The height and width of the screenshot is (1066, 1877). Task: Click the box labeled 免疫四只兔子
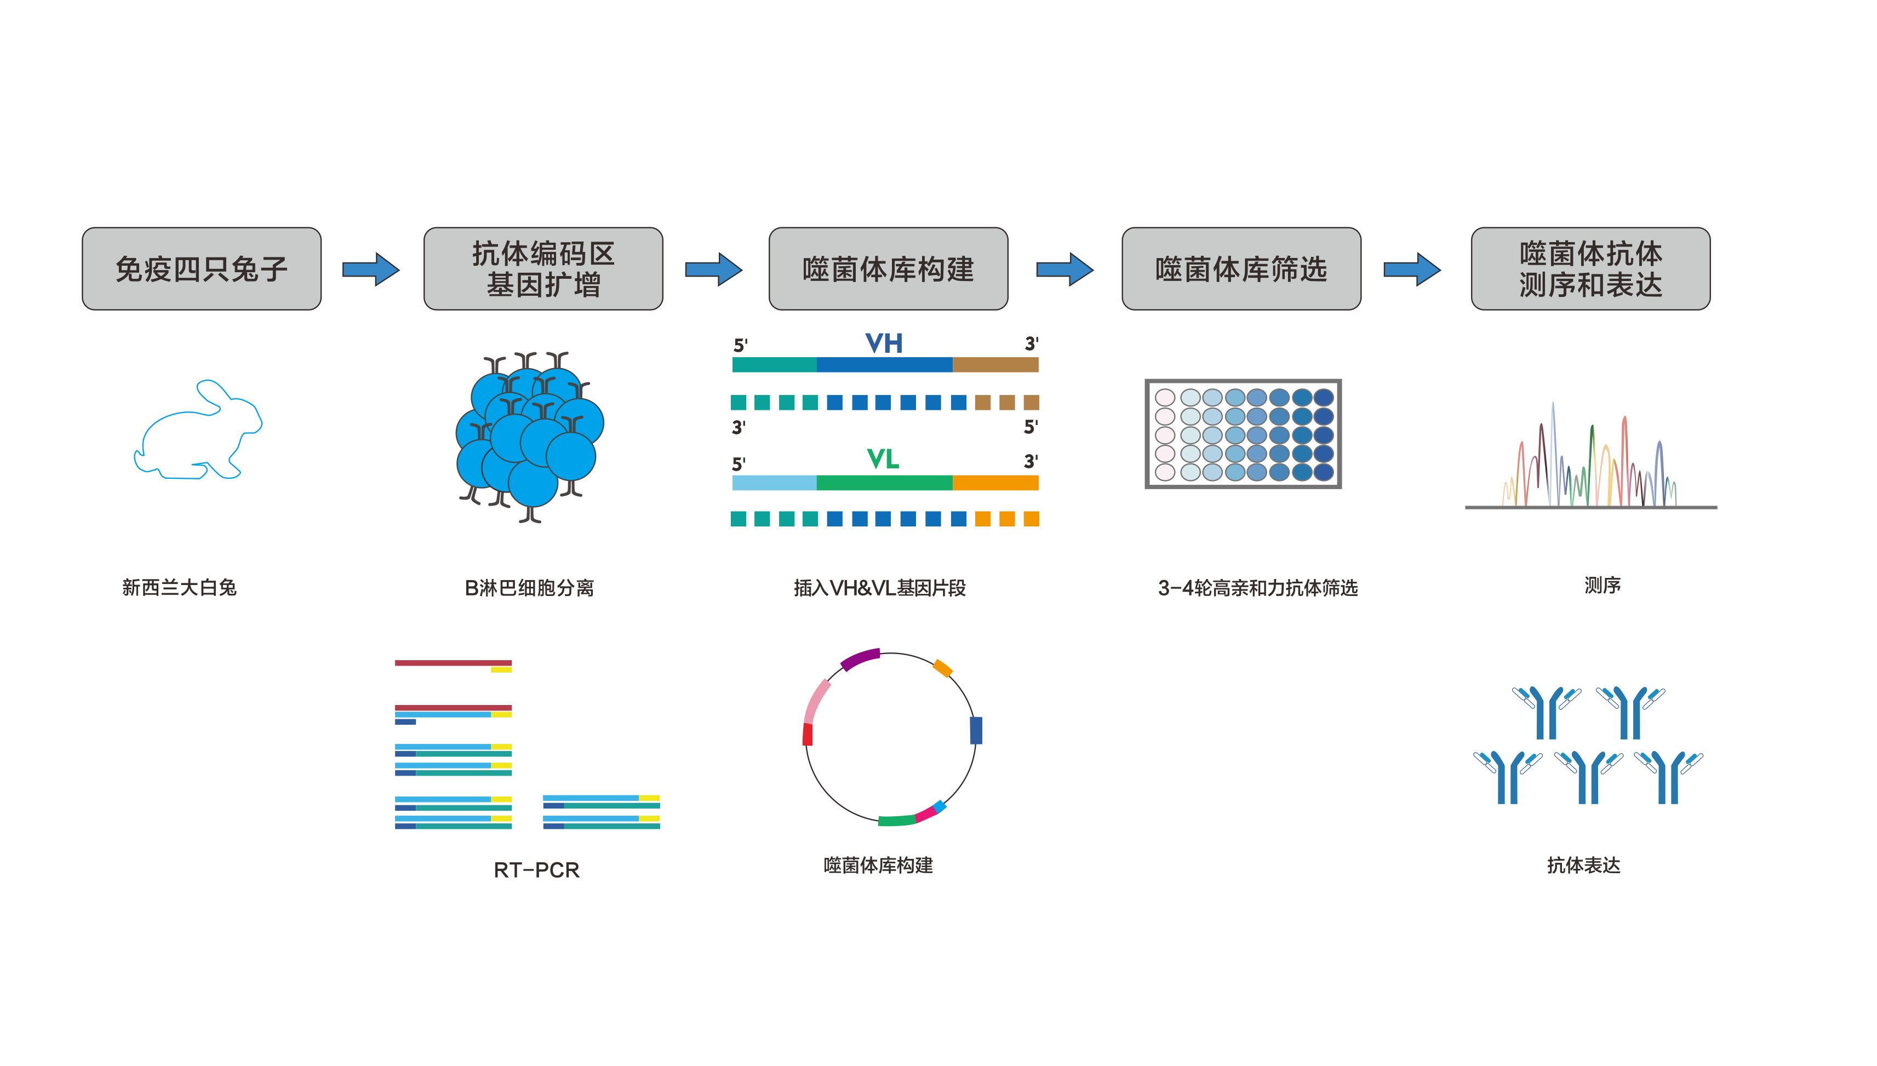click(201, 269)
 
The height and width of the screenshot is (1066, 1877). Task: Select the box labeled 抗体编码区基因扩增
click(543, 269)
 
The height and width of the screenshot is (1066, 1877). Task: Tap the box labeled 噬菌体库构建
click(888, 269)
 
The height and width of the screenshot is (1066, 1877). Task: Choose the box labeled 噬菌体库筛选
click(1241, 269)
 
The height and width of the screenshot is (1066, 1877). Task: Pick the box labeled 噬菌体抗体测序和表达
click(1590, 269)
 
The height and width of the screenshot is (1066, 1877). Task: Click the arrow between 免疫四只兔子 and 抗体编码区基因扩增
click(371, 270)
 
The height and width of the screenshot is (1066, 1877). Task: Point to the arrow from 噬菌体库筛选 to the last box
click(1411, 270)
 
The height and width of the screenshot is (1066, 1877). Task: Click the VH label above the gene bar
click(884, 343)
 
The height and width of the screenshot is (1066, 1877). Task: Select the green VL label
click(882, 460)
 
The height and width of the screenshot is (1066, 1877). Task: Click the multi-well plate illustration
click(1243, 433)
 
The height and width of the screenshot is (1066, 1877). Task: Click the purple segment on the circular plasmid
click(860, 659)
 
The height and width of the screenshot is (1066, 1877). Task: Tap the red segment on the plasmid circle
click(808, 735)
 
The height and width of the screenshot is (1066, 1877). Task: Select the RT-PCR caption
click(536, 870)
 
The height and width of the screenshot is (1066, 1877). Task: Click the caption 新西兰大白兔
click(179, 587)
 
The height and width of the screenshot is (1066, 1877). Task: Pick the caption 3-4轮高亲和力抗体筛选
click(1257, 588)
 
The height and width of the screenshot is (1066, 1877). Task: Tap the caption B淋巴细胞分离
click(529, 588)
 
